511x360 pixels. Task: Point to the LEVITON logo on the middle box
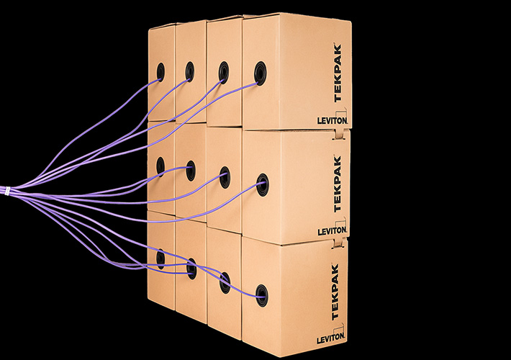click(331, 230)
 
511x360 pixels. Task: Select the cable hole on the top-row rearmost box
click(160, 71)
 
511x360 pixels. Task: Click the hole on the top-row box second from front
click(224, 72)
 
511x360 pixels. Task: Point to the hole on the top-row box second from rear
click(189, 71)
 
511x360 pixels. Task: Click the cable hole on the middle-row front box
click(262, 181)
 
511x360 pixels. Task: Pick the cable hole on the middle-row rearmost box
click(160, 166)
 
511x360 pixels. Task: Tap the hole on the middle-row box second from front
click(225, 175)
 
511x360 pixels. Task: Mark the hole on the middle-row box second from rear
click(190, 171)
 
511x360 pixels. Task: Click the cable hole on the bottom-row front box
click(261, 293)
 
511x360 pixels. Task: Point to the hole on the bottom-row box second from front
click(225, 282)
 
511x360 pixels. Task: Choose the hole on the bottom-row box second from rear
click(191, 269)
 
